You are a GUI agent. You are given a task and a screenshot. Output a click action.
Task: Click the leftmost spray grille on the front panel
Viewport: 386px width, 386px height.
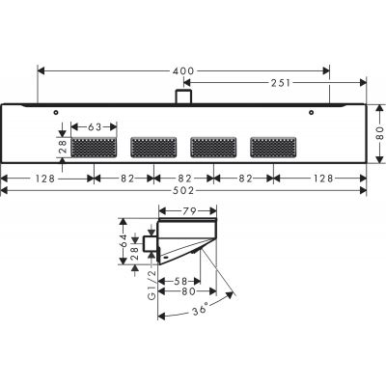(x=96, y=147)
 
